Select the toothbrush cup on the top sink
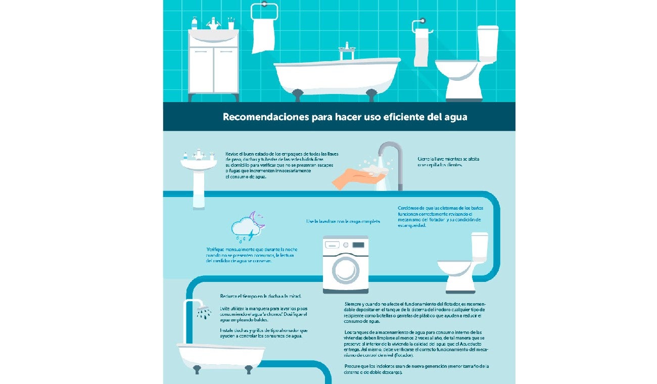coord(231,24)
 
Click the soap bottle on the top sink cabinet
coord(195,23)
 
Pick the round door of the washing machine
coord(346,271)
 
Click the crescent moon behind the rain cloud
coord(259,220)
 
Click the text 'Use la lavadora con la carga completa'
coord(343,222)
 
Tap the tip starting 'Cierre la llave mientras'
coord(448,162)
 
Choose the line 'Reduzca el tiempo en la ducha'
coord(261,297)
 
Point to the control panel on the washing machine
coord(346,245)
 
